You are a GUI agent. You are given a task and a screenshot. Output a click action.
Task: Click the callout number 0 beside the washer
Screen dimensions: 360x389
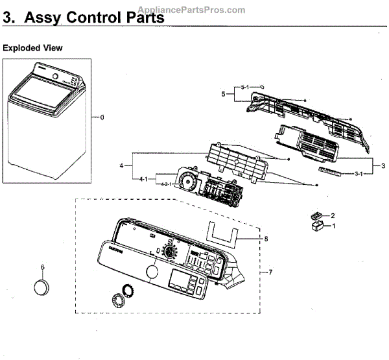pos(100,117)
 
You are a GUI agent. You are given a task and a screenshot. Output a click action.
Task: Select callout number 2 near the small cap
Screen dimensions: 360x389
pos(333,215)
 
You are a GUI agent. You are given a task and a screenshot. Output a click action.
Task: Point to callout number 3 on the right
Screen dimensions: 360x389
pos(383,166)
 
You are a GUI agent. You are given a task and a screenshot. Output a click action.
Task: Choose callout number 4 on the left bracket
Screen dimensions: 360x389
pos(121,166)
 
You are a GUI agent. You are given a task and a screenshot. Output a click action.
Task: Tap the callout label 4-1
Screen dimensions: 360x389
pos(145,178)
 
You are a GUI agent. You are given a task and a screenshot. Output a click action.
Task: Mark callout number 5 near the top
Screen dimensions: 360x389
pos(222,95)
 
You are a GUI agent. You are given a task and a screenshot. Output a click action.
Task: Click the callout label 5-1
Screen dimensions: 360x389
pos(244,87)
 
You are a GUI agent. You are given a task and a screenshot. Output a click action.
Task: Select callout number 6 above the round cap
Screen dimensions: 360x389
pos(42,267)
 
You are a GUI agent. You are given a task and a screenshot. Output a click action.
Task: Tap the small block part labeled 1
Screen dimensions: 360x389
pos(317,226)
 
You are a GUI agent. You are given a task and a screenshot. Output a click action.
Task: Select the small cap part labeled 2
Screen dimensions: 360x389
pos(316,215)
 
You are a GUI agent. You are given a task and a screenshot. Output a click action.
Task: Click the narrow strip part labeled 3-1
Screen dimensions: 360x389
pos(331,169)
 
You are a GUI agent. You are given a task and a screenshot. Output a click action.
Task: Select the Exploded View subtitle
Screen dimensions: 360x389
pos(33,48)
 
